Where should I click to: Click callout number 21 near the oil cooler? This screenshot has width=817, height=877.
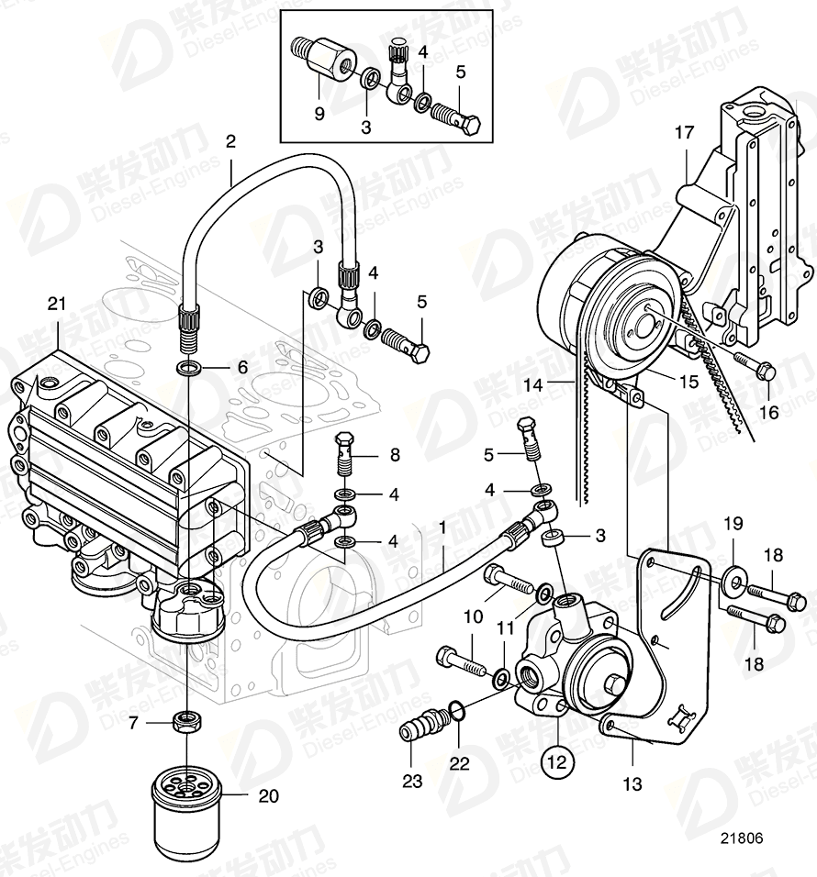click(57, 304)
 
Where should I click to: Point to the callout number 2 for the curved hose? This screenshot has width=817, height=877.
click(230, 142)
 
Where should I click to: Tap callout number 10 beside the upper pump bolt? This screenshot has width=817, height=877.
click(472, 617)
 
